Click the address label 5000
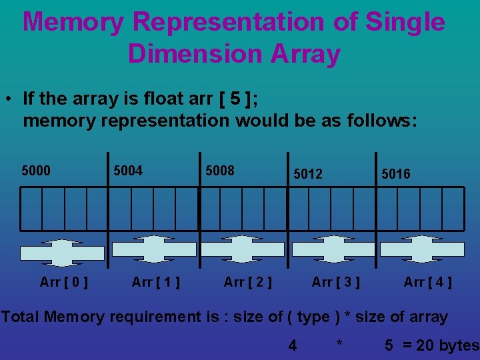coord(36,171)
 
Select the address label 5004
coord(127,171)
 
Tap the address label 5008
coord(219,171)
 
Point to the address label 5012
coord(307,174)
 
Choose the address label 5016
coord(396,174)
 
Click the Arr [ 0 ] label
coord(64,282)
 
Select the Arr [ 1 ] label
coord(156,282)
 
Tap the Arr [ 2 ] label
coord(248,282)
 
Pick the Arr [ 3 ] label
coord(336,282)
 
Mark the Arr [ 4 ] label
coord(428,282)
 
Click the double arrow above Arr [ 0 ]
coord(62,253)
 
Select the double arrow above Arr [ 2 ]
coord(242,249)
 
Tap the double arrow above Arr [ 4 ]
coord(421,249)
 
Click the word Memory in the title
coord(73,23)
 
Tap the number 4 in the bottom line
coord(292,345)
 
